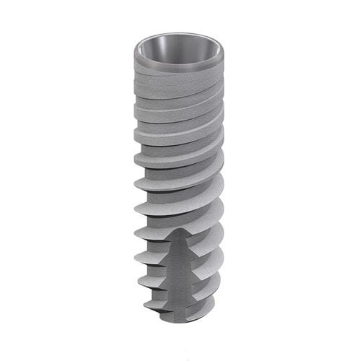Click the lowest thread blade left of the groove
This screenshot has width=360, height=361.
point(159,306)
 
